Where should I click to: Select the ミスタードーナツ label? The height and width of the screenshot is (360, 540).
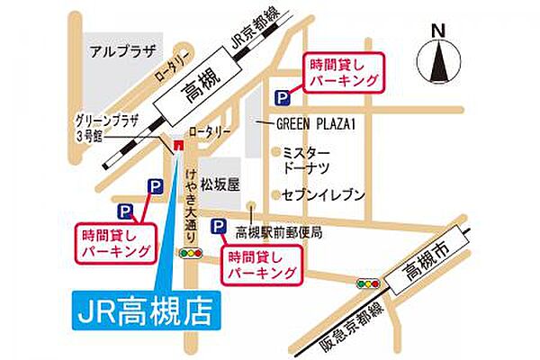[305, 160]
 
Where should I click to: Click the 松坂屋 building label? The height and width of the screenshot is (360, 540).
[220, 185]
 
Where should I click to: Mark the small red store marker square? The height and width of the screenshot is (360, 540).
[178, 143]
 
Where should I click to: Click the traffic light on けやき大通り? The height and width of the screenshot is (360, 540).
[190, 255]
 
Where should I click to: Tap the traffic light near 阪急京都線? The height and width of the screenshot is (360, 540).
[367, 283]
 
